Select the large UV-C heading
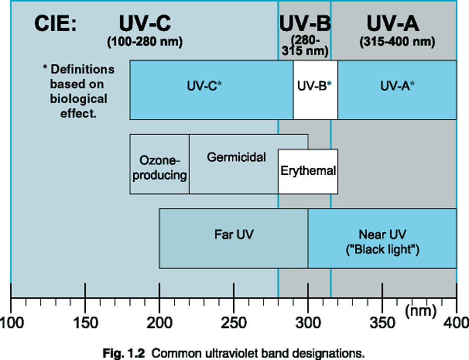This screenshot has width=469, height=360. click(145, 23)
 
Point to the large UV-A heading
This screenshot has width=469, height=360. click(393, 23)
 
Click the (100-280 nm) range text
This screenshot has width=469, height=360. click(145, 42)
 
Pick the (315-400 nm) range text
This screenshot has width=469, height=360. click(397, 42)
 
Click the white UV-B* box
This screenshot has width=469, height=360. click(315, 90)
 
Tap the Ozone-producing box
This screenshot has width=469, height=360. click(159, 168)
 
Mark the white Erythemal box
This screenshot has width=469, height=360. click(308, 171)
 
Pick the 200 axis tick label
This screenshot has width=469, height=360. click(159, 322)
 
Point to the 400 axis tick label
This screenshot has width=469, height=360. click(456, 322)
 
